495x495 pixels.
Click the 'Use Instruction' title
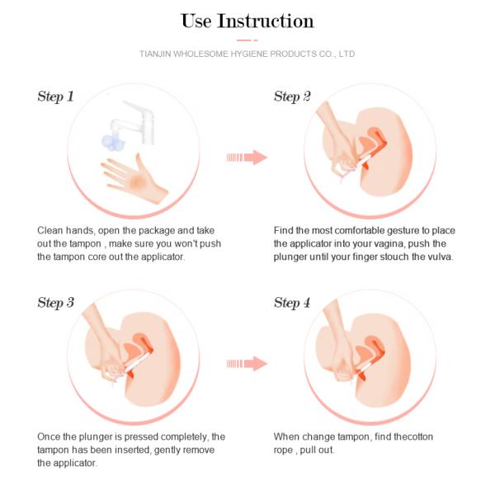247,21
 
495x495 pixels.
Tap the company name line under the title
247,54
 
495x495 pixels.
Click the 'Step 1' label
55,97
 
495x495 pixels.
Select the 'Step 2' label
292,97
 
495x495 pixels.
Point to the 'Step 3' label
55,303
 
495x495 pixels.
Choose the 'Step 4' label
292,303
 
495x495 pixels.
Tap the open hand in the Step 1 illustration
134,179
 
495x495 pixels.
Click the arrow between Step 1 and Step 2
247,158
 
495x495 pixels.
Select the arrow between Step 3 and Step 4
247,364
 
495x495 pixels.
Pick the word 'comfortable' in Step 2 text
359,230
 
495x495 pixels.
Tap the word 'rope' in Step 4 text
283,450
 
